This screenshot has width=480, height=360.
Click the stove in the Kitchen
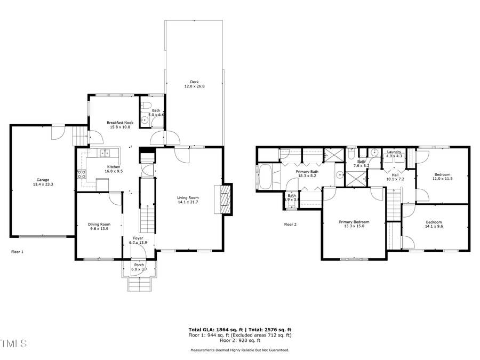tap(82, 174)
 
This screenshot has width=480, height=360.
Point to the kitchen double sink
tap(106, 154)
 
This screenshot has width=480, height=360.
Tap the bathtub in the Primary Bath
tap(265, 177)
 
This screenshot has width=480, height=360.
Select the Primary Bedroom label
tap(354, 222)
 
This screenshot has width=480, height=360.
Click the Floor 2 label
tap(290, 225)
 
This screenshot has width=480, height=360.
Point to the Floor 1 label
tap(18, 251)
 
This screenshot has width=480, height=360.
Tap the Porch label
tap(139, 265)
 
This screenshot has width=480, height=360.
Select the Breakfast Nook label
tap(120, 123)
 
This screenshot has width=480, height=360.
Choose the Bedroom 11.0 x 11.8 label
tap(442, 174)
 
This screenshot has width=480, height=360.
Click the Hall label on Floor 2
tap(395, 174)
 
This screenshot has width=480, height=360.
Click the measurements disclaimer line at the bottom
tap(240, 350)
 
